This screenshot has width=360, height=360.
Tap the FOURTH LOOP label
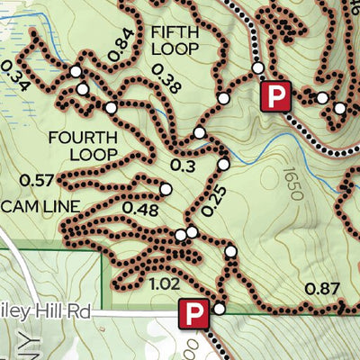click(x=83, y=146)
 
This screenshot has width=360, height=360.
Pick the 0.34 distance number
click(x=16, y=76)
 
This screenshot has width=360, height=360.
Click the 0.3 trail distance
click(x=183, y=166)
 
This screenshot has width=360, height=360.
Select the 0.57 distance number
click(x=36, y=180)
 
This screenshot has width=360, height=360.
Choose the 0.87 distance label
click(x=323, y=289)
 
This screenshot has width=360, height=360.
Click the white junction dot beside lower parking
click(x=219, y=310)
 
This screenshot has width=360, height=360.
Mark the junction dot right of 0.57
click(x=166, y=189)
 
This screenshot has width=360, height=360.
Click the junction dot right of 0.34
click(x=76, y=70)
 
